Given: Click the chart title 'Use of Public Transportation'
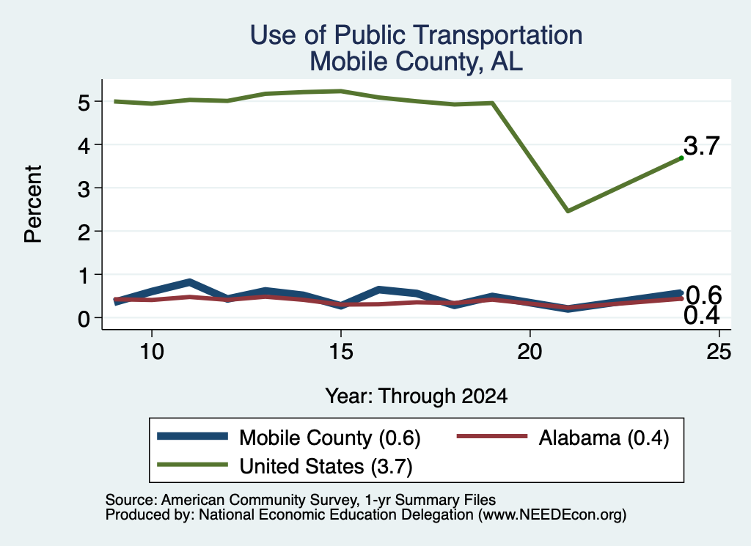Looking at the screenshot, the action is (x=417, y=35).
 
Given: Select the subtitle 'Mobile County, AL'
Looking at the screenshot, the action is (x=417, y=62).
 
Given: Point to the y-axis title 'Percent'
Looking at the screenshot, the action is (x=33, y=204).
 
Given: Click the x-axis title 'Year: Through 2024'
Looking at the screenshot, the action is (x=417, y=396).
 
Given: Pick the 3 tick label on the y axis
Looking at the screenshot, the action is (x=84, y=189).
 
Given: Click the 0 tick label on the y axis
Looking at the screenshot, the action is (x=84, y=319).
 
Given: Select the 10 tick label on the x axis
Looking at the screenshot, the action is (x=152, y=353).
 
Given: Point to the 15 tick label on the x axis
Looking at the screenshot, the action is (x=341, y=353).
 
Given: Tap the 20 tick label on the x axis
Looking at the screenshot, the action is (x=530, y=353).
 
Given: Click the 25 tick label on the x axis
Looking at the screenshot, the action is (x=719, y=353).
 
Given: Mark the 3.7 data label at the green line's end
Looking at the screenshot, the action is (x=702, y=145).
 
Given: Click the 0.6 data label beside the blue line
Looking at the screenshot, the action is (x=703, y=295).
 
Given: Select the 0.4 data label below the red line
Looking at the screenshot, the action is (x=702, y=316).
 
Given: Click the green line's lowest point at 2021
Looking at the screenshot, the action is (x=568, y=211).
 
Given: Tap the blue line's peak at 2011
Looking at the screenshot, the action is (x=190, y=282).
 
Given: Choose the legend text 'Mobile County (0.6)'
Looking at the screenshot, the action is (x=330, y=438).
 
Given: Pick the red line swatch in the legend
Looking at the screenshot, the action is (x=492, y=436).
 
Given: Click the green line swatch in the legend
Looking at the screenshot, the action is (x=193, y=465).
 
